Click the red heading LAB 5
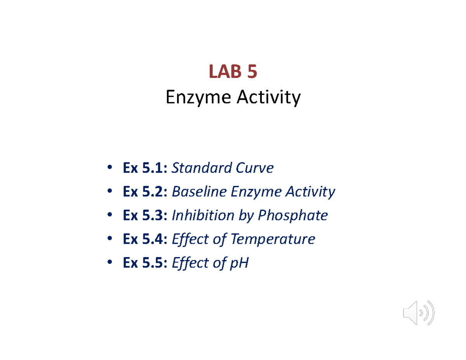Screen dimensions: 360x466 point(233,72)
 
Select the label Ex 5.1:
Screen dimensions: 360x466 point(145,168)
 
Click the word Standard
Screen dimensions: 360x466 point(197,168)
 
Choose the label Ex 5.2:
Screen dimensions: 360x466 point(145,192)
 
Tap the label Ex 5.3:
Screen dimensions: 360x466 point(145,216)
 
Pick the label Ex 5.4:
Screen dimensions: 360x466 point(145,239)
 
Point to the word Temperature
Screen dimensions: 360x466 point(273,239)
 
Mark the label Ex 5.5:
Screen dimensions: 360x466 point(145,263)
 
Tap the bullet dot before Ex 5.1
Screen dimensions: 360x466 point(110,168)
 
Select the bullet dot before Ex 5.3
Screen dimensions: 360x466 point(110,216)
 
